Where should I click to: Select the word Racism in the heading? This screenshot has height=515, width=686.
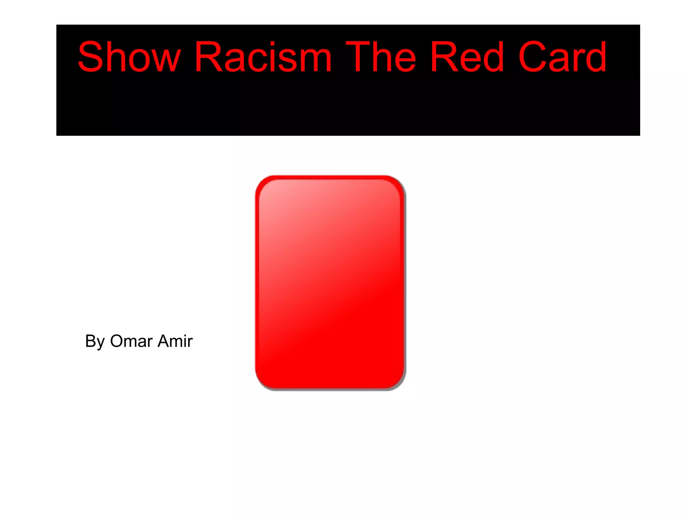(263, 57)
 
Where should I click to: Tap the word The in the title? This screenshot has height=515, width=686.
(381, 57)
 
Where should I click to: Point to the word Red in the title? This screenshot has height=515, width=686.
(467, 57)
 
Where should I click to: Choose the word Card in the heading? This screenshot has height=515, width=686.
(562, 57)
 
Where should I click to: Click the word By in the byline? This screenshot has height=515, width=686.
(95, 342)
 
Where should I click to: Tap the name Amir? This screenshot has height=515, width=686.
(175, 341)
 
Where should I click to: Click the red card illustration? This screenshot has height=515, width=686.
(330, 283)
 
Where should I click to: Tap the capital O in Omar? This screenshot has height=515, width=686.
(117, 341)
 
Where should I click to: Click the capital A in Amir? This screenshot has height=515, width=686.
(165, 341)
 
